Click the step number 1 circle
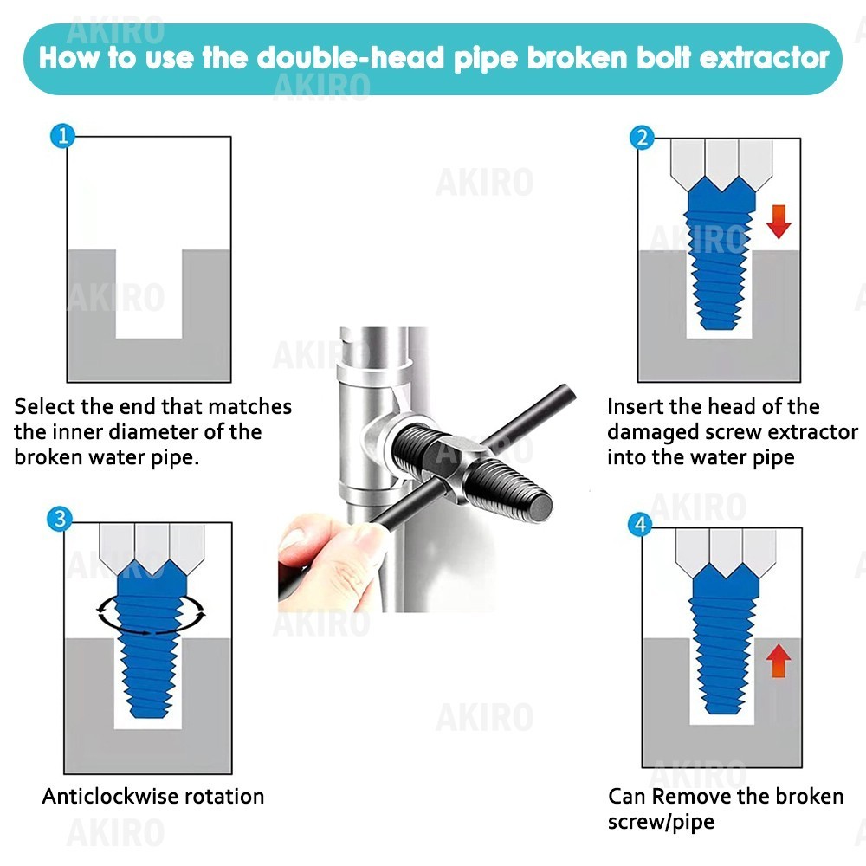(62, 136)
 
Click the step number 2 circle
(642, 138)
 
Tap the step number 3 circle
(60, 519)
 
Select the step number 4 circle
(641, 524)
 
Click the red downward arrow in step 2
(779, 222)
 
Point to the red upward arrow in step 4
(779, 661)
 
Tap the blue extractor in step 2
(719, 254)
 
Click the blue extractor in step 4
(724, 641)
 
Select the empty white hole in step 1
(149, 294)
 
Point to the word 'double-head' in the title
(351, 57)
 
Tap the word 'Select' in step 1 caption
(44, 406)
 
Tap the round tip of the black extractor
(540, 504)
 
